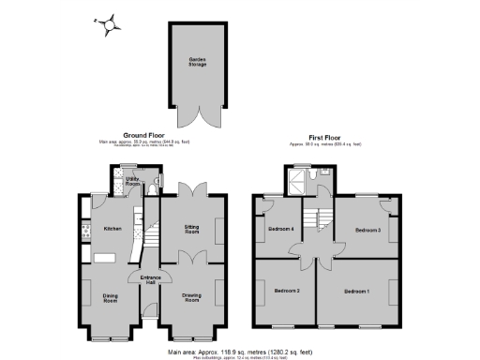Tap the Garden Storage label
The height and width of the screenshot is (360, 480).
(x=197, y=63)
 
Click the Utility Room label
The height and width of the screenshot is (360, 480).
(x=133, y=184)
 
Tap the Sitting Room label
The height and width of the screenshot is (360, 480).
(x=191, y=229)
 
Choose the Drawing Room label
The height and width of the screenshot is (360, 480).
(x=191, y=299)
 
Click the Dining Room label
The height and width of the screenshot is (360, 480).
(x=111, y=299)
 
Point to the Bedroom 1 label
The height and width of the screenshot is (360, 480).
(x=356, y=292)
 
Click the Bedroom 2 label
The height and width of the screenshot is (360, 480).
(x=286, y=291)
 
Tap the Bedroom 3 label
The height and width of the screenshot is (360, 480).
(x=367, y=230)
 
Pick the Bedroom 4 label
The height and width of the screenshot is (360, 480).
(x=280, y=230)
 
